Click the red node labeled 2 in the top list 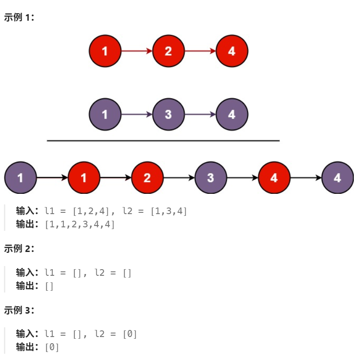(168, 51)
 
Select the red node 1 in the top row (105, 51)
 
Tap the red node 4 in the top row (231, 51)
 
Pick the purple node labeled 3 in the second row (168, 115)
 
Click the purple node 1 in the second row (105, 115)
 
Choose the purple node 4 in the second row (231, 115)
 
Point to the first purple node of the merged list (20, 178)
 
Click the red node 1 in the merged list (84, 178)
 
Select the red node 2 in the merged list (147, 178)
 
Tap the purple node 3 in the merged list (210, 178)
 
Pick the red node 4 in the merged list (274, 178)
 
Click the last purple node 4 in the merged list (338, 178)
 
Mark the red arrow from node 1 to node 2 (136, 51)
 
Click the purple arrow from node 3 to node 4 (200, 115)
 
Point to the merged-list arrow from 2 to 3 (179, 178)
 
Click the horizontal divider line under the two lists (163, 141)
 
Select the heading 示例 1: (19, 18)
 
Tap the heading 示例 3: (19, 310)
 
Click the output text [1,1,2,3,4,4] (80, 224)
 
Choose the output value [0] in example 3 (52, 347)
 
